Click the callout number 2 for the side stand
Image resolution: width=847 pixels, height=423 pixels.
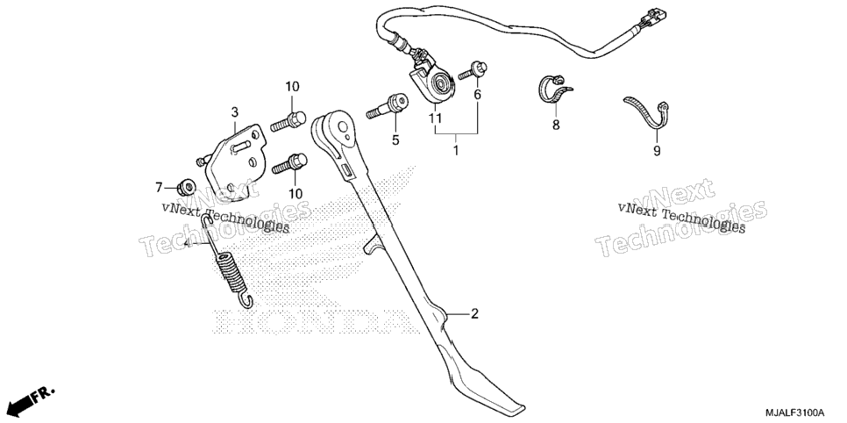[x=474, y=313]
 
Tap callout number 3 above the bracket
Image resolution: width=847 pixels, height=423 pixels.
[x=234, y=112]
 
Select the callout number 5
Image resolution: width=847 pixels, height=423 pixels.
[x=395, y=140]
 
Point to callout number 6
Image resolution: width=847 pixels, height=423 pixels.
[x=477, y=95]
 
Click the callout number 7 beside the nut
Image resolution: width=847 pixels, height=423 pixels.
[x=159, y=188]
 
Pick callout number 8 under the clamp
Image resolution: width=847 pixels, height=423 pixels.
[x=556, y=125]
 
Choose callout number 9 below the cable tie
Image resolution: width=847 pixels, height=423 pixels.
[x=657, y=152]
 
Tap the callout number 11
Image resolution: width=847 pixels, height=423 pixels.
[x=436, y=118]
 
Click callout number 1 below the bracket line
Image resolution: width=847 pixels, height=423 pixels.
[x=455, y=150]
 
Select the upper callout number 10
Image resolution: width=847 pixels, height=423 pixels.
[x=292, y=87]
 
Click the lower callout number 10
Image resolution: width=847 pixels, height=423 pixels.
[x=295, y=193]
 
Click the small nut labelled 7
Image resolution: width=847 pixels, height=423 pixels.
[x=187, y=187]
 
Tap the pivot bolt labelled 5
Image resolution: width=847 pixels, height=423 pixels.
[x=387, y=106]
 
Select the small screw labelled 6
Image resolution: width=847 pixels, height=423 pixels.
[x=473, y=71]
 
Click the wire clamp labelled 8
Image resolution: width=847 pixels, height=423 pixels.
[x=553, y=89]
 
